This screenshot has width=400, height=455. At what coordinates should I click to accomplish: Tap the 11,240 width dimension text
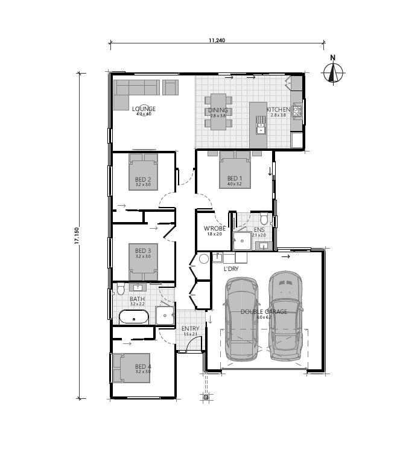(x=217, y=41)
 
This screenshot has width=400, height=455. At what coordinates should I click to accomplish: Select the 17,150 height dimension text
(x=76, y=235)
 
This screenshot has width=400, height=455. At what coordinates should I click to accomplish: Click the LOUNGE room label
(x=144, y=109)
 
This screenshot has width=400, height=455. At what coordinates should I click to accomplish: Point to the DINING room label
(x=218, y=110)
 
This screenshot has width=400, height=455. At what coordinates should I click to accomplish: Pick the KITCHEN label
(x=278, y=110)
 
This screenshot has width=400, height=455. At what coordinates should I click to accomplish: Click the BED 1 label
(x=234, y=178)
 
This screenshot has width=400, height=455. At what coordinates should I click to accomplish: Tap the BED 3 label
(x=142, y=250)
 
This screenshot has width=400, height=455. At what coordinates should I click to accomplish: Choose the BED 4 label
(x=142, y=366)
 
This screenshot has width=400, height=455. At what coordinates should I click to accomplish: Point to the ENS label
(x=259, y=230)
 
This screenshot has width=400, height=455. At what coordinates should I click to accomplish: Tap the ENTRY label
(x=191, y=329)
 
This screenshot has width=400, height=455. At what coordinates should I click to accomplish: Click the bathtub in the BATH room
(x=133, y=317)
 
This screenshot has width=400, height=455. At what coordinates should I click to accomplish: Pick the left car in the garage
(x=241, y=319)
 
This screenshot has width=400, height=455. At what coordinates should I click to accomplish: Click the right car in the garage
(x=285, y=316)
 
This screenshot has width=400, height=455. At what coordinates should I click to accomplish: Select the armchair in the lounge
(x=171, y=87)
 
